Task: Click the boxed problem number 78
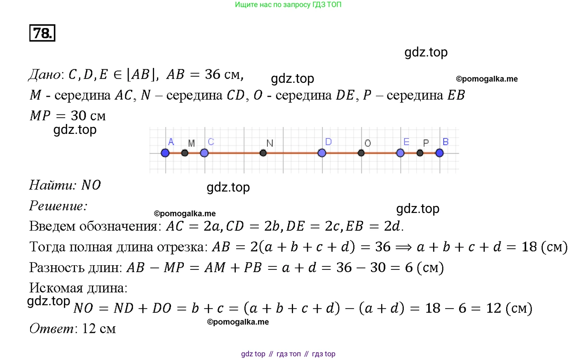coord(42,33)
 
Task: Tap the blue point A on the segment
coord(165,153)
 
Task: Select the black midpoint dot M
coord(185,153)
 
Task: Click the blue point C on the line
coord(204,153)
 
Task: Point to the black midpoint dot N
coord(263,153)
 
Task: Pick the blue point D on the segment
coord(322,153)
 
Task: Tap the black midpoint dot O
coord(361,153)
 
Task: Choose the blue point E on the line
coord(400,153)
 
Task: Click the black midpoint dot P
coord(420,153)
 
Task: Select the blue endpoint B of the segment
coord(439,153)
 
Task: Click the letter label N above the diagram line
coord(270,143)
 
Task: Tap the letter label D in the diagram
coord(328,142)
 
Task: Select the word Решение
coord(57,206)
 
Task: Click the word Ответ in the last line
coord(51,329)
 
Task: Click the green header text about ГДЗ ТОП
coord(288,5)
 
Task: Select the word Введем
coord(52,226)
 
